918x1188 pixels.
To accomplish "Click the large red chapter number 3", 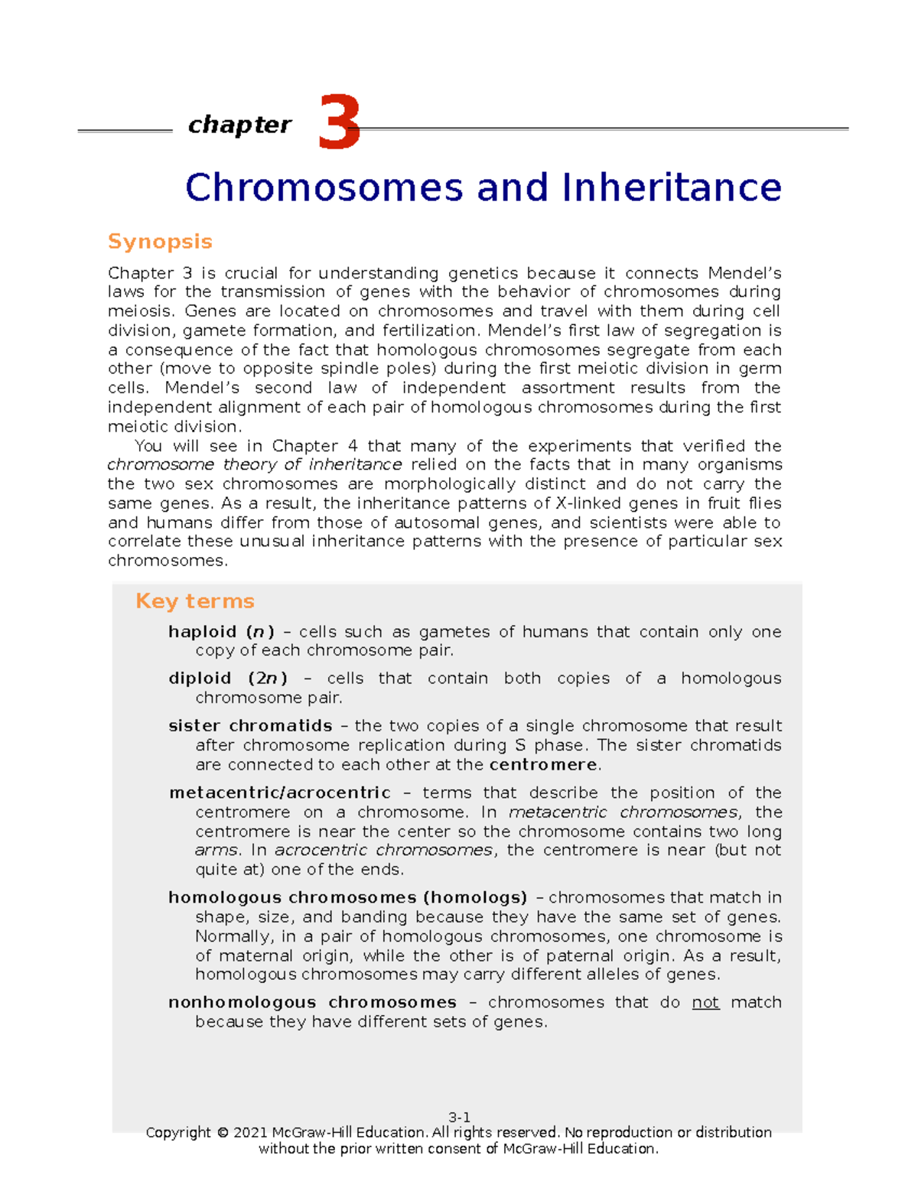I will click(338, 122).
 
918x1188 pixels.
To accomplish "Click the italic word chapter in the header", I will click(239, 125).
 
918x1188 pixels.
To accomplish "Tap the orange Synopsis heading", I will click(160, 242).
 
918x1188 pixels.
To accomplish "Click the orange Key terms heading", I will click(194, 601).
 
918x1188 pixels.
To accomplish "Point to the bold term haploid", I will click(202, 632).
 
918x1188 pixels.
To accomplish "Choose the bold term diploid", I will click(199, 679).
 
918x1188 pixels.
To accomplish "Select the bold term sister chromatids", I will click(250, 726).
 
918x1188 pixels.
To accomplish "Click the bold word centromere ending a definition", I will click(542, 765).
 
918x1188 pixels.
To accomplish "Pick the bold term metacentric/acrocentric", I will click(280, 793).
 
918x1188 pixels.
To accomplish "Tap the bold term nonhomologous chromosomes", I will click(312, 1003).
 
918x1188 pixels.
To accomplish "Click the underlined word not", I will click(705, 1003).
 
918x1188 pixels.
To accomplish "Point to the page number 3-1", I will click(459, 1117).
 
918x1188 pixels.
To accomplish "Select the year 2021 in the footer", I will click(251, 1133).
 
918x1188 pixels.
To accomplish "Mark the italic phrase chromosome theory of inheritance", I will click(254, 465).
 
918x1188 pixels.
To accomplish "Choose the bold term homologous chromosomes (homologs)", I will click(347, 898).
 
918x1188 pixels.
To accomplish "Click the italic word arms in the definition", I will click(216, 851).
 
